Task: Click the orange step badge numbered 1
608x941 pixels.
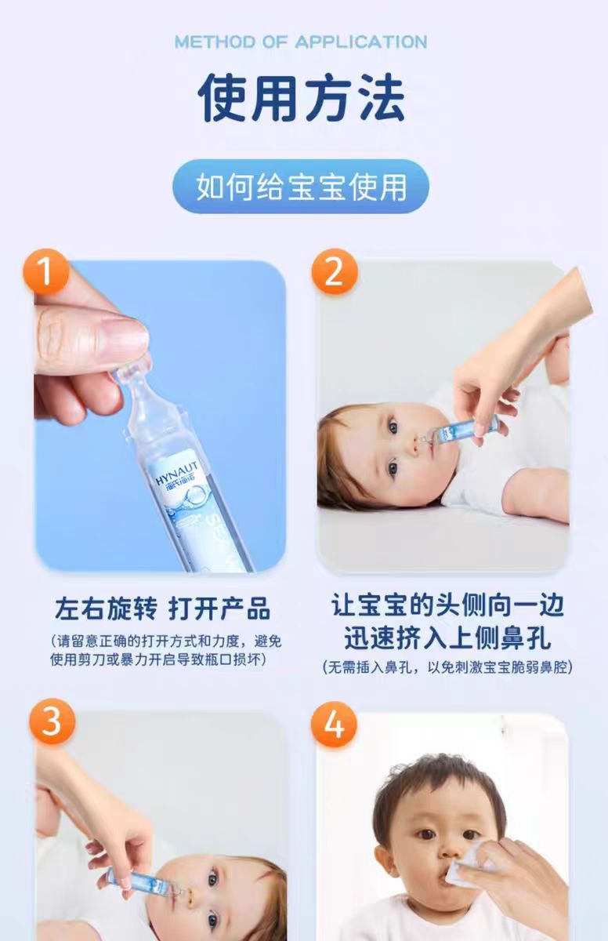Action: pyautogui.click(x=46, y=271)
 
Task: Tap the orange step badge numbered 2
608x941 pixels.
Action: pyautogui.click(x=335, y=271)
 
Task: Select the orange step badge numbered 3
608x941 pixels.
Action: pyautogui.click(x=52, y=721)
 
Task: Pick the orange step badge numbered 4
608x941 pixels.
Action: pyautogui.click(x=334, y=725)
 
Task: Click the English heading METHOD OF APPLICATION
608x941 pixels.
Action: pyautogui.click(x=301, y=42)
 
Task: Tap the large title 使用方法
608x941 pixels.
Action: pyautogui.click(x=302, y=98)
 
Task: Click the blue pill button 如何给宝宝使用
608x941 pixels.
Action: pyautogui.click(x=301, y=187)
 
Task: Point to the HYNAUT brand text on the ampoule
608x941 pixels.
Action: pyautogui.click(x=176, y=474)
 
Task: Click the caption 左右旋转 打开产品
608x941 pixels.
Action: pyautogui.click(x=162, y=609)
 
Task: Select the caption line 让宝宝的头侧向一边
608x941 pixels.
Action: pyautogui.click(x=447, y=605)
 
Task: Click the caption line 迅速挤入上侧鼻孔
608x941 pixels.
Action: pyautogui.click(x=447, y=638)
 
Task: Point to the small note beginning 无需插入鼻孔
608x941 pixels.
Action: pyautogui.click(x=447, y=667)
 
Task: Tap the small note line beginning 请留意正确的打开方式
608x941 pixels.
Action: pyautogui.click(x=166, y=641)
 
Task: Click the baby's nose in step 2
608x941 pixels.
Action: pyautogui.click(x=413, y=448)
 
